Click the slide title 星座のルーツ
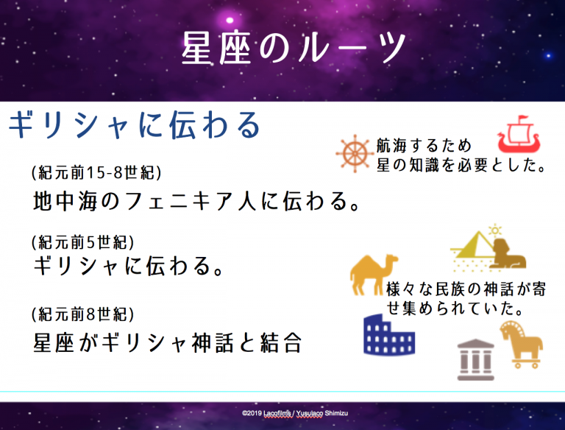[294, 48]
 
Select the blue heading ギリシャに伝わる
[135, 125]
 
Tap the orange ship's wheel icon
[355, 154]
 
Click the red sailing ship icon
[519, 134]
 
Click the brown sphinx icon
[509, 253]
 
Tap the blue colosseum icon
[389, 335]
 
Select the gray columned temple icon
[476, 359]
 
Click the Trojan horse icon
[522, 345]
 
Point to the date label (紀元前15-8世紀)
[96, 173]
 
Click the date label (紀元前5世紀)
[83, 242]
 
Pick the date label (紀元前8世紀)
[83, 314]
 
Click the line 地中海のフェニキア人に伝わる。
[196, 201]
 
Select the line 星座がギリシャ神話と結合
[168, 342]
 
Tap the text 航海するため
[424, 146]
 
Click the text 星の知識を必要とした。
[461, 165]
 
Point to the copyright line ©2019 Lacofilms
[295, 413]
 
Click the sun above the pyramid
[495, 230]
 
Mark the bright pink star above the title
[230, 20]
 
